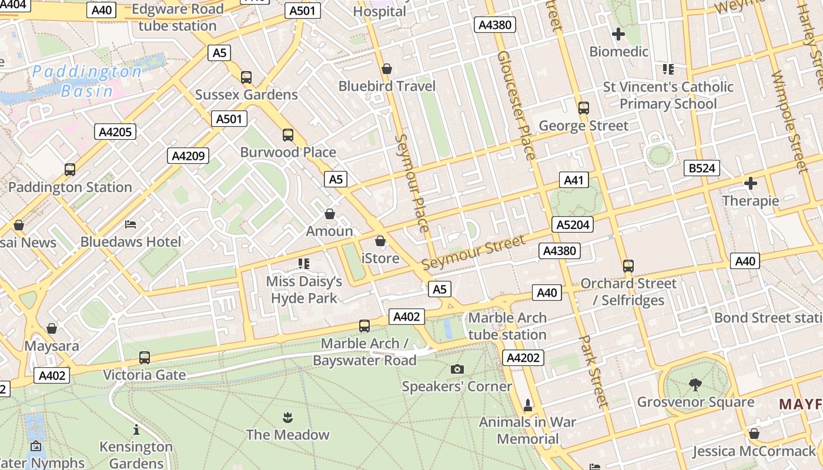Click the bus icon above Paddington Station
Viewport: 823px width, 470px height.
pos(70,170)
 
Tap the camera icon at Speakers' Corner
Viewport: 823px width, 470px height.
pos(457,369)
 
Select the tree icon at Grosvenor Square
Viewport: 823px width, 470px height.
pos(695,385)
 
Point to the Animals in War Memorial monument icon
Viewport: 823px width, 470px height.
pos(527,405)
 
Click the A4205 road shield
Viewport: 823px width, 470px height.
pos(115,132)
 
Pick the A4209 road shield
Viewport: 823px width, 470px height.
pos(188,156)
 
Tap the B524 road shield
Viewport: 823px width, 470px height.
pos(702,169)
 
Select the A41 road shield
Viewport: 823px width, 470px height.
pos(573,180)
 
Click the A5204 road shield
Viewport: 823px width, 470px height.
pos(573,224)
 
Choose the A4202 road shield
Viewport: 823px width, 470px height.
pos(523,358)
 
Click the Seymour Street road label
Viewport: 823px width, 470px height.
pos(473,253)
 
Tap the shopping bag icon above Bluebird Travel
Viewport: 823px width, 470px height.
pos(387,69)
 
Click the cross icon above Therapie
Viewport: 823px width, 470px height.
pos(751,183)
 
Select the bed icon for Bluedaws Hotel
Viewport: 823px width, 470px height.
pos(131,224)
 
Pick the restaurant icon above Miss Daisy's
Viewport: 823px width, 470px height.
pos(303,264)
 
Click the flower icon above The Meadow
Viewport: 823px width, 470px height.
pos(287,418)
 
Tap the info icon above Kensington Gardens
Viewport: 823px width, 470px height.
pos(136,429)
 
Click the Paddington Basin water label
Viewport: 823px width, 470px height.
pos(87,81)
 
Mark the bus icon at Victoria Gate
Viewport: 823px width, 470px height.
pos(144,357)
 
